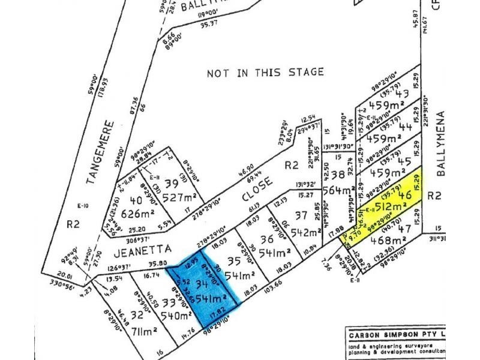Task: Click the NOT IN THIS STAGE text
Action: point(265,73)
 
